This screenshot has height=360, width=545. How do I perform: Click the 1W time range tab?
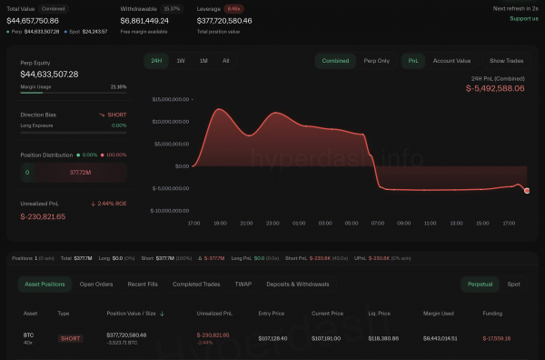pos(181,61)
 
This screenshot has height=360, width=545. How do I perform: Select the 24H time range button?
pos(156,61)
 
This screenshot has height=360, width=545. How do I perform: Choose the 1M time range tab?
pos(203,61)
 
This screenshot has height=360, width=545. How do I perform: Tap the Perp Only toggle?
pos(376,61)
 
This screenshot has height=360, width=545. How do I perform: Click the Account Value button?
pos(451,61)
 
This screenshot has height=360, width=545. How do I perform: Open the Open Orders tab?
pos(95,285)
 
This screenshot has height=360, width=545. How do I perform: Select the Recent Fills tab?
pos(144,285)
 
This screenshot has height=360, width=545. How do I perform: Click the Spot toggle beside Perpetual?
pos(514,285)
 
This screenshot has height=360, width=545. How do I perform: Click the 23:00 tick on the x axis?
pos(272,222)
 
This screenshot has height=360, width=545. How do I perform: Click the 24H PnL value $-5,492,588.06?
pos(495,88)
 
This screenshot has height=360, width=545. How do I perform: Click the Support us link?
pos(523,18)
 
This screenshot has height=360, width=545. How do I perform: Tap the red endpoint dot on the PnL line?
pos(527,190)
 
